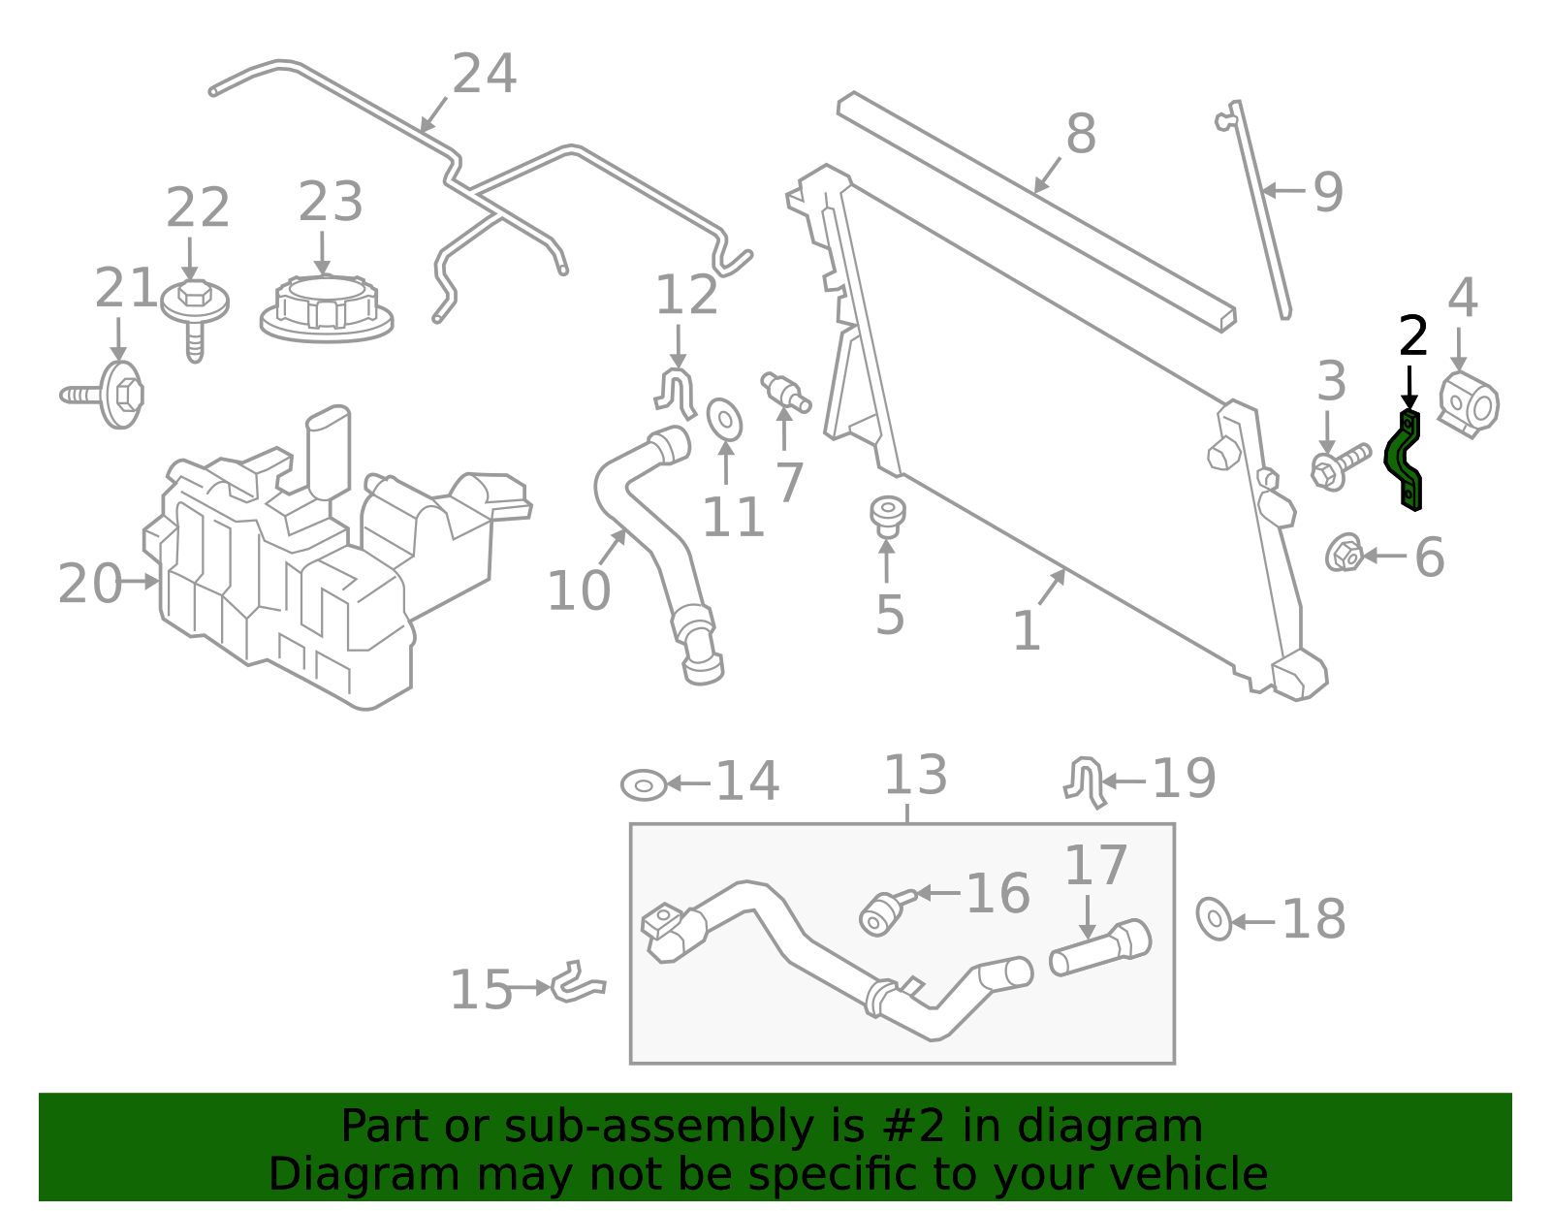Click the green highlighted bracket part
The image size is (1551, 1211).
pyautogui.click(x=1404, y=460)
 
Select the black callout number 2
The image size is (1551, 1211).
pyautogui.click(x=1413, y=337)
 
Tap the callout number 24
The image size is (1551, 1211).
pyautogui.click(x=485, y=75)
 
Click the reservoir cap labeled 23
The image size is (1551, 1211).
pyautogui.click(x=327, y=307)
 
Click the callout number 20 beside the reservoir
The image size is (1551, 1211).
pyautogui.click(x=89, y=584)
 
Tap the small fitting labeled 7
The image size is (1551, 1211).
pyautogui.click(x=784, y=391)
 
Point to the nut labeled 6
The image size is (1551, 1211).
pyautogui.click(x=1344, y=554)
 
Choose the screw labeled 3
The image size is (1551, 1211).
pyautogui.click(x=1339, y=464)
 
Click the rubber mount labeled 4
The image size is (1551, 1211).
pyautogui.click(x=1469, y=404)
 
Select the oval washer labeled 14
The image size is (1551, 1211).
pyautogui.click(x=644, y=784)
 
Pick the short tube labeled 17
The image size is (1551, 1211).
pyautogui.click(x=1100, y=947)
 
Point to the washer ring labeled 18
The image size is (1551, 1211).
pyautogui.click(x=1214, y=918)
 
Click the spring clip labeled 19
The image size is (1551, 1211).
pyautogui.click(x=1087, y=781)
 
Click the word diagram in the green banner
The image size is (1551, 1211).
pyautogui.click(x=1129, y=1128)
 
